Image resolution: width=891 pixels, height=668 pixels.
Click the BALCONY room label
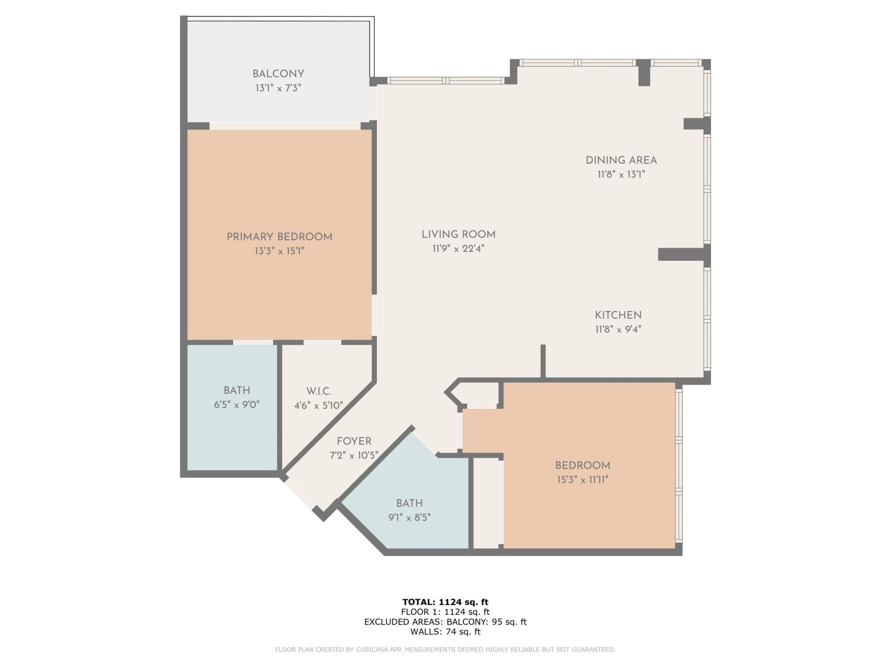coord(278,74)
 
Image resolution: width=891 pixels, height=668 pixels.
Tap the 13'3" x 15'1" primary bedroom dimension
coord(279,251)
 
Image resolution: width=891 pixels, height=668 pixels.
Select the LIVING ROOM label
coord(458,235)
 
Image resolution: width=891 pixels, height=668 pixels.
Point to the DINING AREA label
coord(621,161)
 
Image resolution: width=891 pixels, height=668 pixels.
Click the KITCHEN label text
coord(618,315)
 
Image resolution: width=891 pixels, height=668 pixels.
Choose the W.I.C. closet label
coord(319,391)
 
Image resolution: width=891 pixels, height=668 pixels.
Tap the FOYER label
coord(354,441)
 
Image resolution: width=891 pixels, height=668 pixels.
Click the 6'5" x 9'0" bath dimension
coord(236,405)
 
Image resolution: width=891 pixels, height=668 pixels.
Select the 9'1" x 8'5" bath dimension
coord(409,517)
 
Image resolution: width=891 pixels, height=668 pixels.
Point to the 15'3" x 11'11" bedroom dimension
coord(582,479)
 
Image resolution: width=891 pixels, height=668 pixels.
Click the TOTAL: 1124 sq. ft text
coord(445,602)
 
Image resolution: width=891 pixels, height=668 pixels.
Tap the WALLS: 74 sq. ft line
coord(445,632)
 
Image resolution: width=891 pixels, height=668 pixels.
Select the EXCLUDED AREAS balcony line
coord(445,622)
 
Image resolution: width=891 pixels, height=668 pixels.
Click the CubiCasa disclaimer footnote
coord(445,649)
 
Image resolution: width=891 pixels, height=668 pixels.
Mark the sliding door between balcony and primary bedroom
coord(285,126)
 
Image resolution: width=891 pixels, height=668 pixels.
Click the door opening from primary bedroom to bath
coord(253,342)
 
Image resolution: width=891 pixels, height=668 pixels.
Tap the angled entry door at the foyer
coord(300,495)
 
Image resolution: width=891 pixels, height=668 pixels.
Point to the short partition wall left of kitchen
coord(542,361)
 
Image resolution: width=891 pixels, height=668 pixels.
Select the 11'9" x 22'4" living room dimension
coord(458,249)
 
